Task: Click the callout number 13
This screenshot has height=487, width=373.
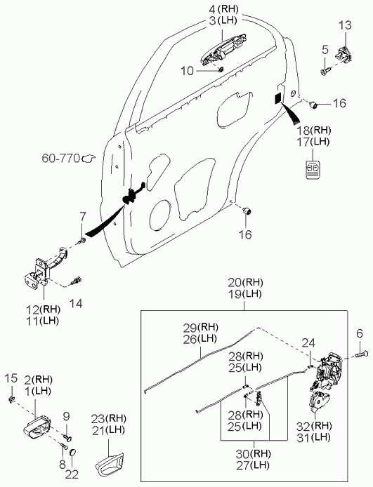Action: (x=345, y=25)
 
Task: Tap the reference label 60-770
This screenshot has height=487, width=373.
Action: (x=61, y=159)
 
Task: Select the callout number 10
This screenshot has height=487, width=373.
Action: (x=187, y=71)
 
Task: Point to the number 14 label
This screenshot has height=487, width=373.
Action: (x=76, y=303)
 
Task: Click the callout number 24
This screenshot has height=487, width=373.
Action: (x=308, y=343)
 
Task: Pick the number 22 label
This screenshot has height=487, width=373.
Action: (x=72, y=474)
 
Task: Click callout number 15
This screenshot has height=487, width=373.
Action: (x=11, y=378)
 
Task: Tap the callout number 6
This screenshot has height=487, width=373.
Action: (x=360, y=333)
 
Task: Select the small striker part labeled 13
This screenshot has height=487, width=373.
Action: (x=345, y=53)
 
